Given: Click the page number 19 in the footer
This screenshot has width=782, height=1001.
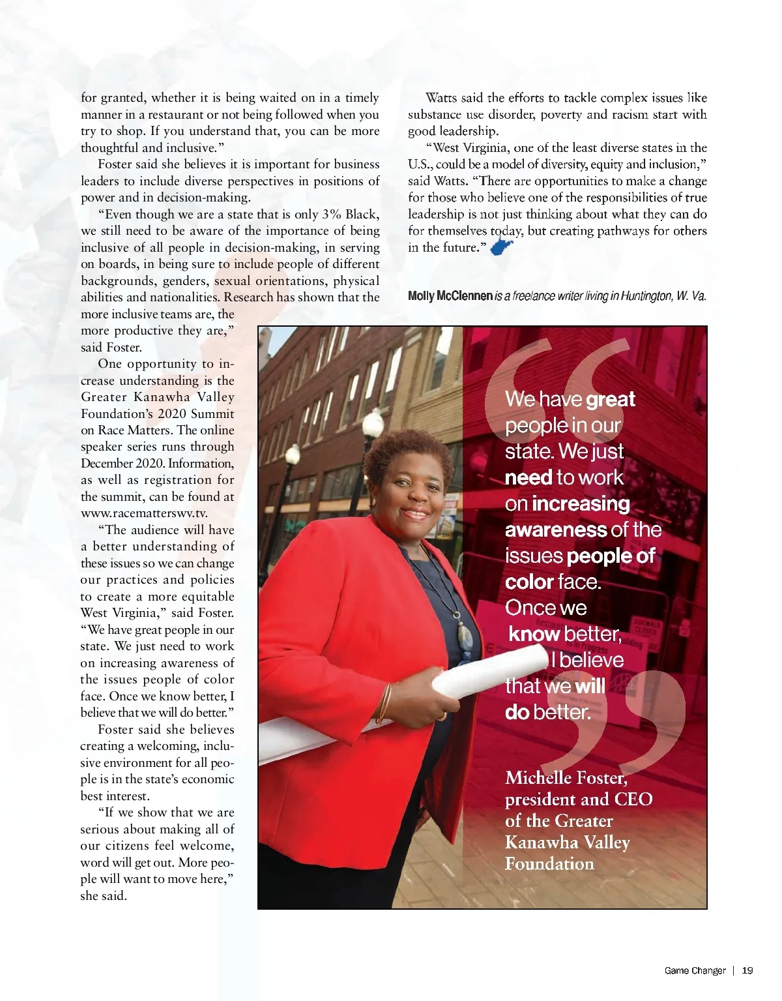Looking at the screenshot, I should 747,970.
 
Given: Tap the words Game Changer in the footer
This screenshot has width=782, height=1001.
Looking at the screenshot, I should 695,970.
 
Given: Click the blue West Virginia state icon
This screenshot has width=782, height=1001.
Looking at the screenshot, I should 501,247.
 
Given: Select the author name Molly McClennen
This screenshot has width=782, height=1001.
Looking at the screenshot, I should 450,296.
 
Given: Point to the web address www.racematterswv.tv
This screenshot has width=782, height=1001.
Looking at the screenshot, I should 144,513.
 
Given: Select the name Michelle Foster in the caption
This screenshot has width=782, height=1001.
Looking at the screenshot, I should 566,778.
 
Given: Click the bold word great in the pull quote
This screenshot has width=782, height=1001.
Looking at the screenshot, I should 610,399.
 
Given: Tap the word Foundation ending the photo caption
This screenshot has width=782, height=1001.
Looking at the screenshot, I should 549,864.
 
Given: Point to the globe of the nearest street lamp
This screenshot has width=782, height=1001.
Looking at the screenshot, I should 373,426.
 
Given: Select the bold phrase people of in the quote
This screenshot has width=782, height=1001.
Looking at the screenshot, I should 611,556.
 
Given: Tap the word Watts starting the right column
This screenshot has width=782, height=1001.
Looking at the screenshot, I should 442,98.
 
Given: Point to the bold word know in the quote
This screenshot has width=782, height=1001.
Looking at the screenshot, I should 534,634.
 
